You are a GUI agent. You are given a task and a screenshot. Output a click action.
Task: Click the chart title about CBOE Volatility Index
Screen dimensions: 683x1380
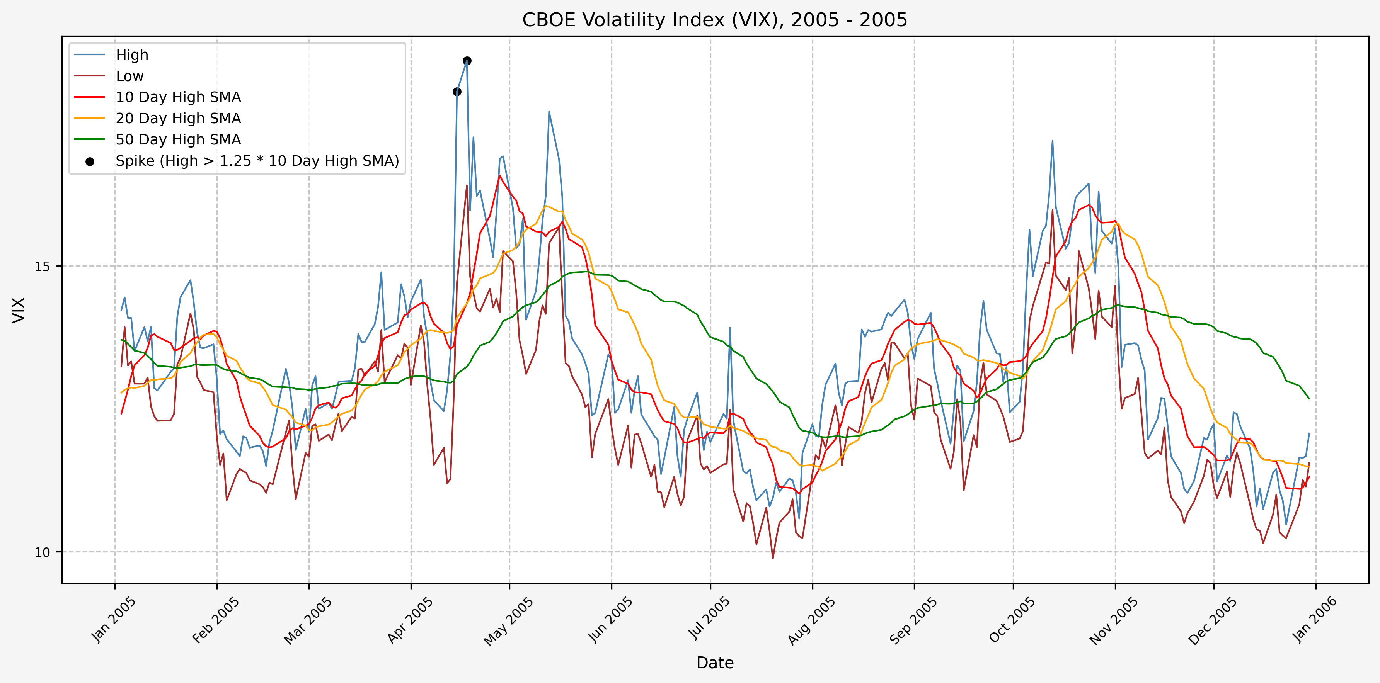pyautogui.click(x=715, y=20)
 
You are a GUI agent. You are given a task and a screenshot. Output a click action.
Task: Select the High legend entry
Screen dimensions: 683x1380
pyautogui.click(x=132, y=55)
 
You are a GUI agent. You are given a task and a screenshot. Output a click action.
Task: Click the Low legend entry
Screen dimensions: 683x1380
pyautogui.click(x=129, y=76)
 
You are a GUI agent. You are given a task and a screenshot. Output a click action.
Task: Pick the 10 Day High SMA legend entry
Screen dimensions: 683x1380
pyautogui.click(x=178, y=97)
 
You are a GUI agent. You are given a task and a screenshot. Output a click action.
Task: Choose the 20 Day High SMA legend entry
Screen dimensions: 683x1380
pyautogui.click(x=178, y=118)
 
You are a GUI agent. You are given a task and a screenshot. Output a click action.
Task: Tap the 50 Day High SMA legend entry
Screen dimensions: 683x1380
pyautogui.click(x=178, y=140)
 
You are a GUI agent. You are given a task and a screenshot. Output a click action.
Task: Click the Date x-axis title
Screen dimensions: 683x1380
pyautogui.click(x=715, y=663)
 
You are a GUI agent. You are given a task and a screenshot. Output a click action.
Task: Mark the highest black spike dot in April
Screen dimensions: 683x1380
pyautogui.click(x=467, y=61)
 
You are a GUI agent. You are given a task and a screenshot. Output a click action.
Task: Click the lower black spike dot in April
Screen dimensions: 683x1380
pyautogui.click(x=457, y=92)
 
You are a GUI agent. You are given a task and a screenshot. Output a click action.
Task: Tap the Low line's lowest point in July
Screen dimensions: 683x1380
pyautogui.click(x=772, y=558)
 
